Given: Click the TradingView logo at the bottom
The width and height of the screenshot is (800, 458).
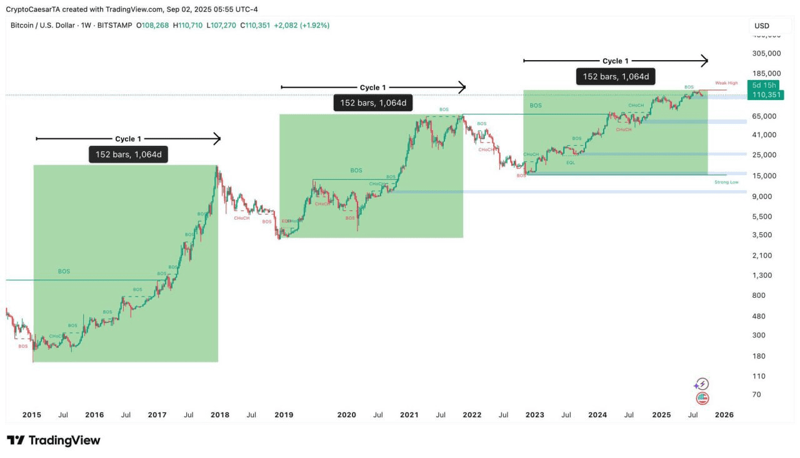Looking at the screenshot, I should (x=54, y=440).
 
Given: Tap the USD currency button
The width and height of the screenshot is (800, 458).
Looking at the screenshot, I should (x=762, y=26).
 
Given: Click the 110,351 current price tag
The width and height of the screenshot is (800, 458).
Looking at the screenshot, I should (x=766, y=94).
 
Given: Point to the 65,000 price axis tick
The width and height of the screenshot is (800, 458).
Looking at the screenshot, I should (x=764, y=116).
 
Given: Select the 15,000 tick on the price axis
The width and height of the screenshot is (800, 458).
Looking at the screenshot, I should (x=764, y=176).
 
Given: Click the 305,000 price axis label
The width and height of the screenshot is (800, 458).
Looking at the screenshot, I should (x=766, y=54).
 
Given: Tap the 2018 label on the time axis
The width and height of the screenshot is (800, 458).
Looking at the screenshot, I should (x=220, y=415).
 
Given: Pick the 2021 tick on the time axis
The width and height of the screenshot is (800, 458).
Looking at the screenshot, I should (x=409, y=415).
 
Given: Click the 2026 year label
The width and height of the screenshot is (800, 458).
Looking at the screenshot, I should (x=724, y=415).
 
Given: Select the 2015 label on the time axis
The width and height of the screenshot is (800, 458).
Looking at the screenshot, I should (x=31, y=415).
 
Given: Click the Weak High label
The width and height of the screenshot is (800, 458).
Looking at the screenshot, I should (x=726, y=83).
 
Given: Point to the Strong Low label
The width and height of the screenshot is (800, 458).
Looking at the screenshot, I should (x=726, y=182).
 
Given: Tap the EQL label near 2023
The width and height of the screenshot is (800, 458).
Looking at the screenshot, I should (x=571, y=163).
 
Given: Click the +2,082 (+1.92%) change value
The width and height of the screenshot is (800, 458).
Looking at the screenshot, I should (x=302, y=25).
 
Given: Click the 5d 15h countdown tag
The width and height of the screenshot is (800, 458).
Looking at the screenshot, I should (x=764, y=85).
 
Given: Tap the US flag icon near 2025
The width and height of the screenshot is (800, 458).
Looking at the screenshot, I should (x=702, y=398).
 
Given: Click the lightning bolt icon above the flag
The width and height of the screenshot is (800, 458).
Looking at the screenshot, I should (x=702, y=384).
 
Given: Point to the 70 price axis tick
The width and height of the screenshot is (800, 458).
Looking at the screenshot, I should (x=756, y=395).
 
